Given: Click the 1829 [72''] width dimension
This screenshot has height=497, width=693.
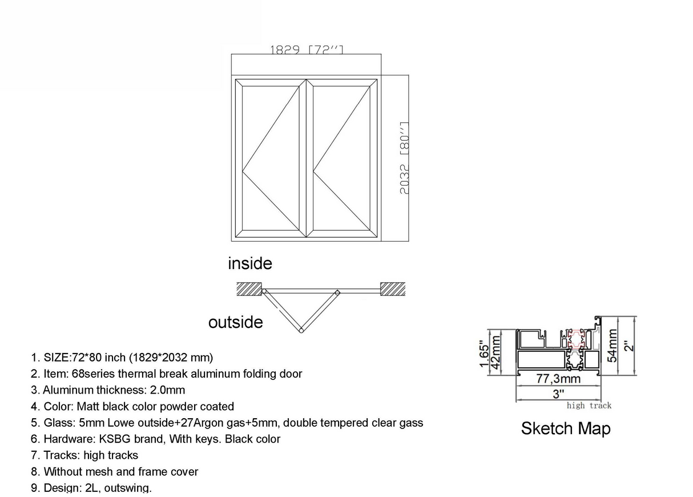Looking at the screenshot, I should pyautogui.click(x=307, y=50).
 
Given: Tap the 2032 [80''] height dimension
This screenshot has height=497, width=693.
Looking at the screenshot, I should pyautogui.click(x=404, y=158).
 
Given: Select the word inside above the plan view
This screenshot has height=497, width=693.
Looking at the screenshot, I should pyautogui.click(x=250, y=263).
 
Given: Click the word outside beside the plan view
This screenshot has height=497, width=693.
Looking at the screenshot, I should pyautogui.click(x=236, y=322).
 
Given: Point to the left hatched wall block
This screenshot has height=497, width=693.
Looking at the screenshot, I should pyautogui.click(x=249, y=288).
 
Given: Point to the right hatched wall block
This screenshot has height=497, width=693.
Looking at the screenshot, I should pyautogui.click(x=393, y=288).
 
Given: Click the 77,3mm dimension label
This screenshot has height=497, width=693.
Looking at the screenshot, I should pyautogui.click(x=558, y=379).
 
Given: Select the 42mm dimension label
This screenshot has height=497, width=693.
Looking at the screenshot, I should pyautogui.click(x=496, y=352).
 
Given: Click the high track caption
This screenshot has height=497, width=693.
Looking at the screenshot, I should pyautogui.click(x=589, y=406).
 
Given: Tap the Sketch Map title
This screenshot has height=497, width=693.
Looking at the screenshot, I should pyautogui.click(x=565, y=428).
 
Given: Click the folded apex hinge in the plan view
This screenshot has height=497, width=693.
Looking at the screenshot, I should pyautogui.click(x=301, y=330).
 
